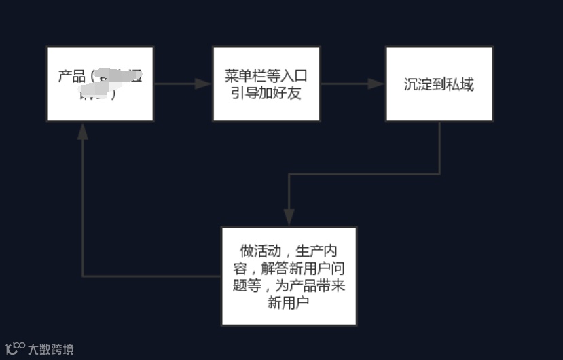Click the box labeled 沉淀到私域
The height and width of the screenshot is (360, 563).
coord(439,84)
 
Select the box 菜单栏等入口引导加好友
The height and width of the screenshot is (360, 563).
coord(266,84)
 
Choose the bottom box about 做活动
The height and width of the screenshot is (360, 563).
coord(289,276)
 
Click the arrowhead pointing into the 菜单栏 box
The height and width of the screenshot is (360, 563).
coord(204,84)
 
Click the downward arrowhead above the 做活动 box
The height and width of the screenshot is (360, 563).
coord(289,217)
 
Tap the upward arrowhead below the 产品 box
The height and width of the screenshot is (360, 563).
coord(83,131)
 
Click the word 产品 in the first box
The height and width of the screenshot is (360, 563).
coord(71,75)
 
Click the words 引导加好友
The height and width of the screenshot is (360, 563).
coord(266,92)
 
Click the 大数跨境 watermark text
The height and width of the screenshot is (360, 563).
coord(51,350)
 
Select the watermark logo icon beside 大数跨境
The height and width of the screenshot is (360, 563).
coord(15,348)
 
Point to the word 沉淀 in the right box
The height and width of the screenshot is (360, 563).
coord(416,84)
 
